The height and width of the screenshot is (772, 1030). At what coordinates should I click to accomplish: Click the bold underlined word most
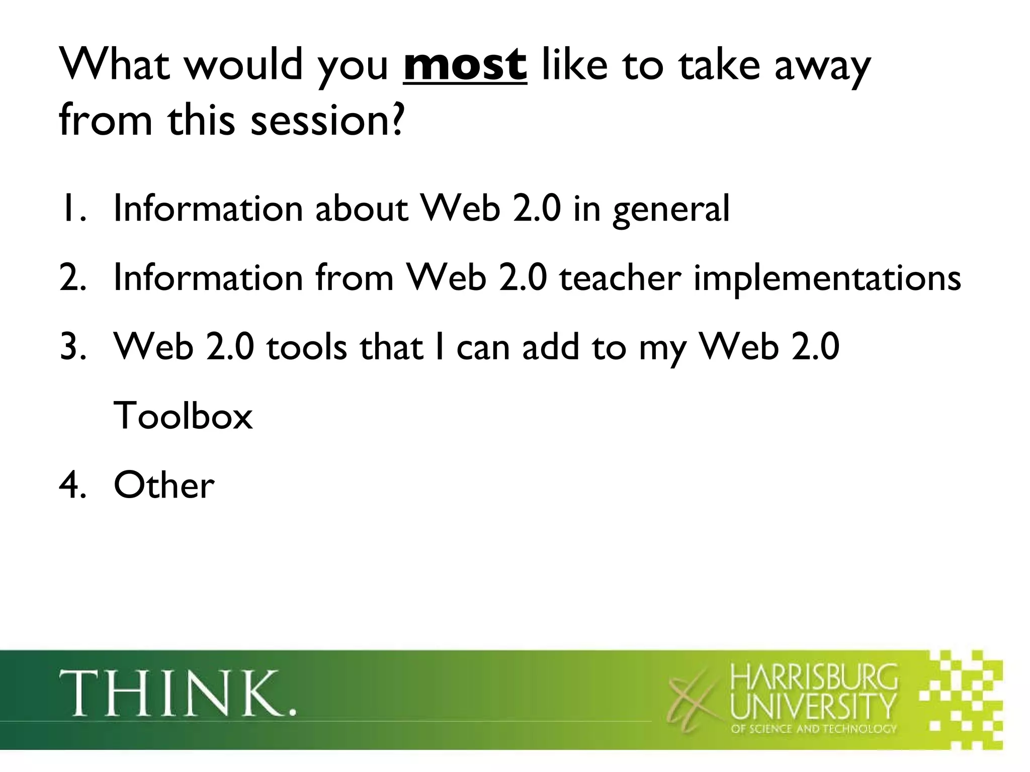[x=465, y=66]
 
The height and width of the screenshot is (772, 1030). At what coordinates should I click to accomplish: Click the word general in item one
[x=671, y=210]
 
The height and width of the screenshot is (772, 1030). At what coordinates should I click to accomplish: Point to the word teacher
[x=621, y=278]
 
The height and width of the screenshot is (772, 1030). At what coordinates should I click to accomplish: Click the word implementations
[x=827, y=279]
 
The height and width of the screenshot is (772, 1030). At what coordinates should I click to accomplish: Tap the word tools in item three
[x=306, y=347]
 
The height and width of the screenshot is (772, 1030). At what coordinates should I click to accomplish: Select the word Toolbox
[x=183, y=416]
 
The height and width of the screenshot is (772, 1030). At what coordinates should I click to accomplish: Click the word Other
[x=164, y=486]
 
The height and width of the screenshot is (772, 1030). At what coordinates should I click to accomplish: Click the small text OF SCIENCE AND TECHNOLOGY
[x=813, y=728]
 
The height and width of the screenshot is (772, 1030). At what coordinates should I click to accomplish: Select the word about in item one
[x=362, y=209]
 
